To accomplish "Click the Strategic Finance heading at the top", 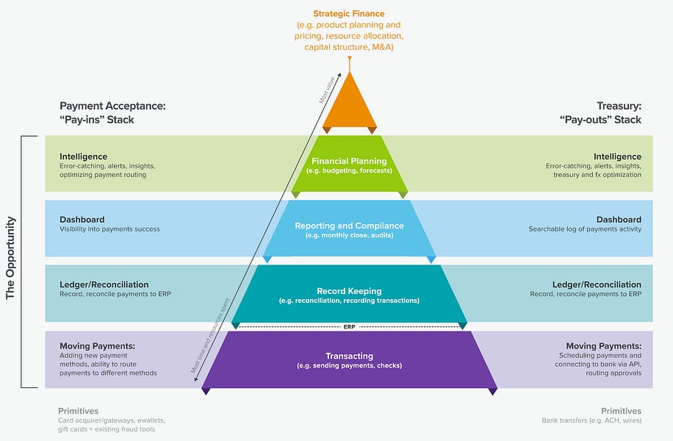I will pos(349,14).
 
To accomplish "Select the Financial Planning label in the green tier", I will pos(349,161).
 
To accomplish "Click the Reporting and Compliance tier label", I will pos(349,226).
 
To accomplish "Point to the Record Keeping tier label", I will pos(349,290).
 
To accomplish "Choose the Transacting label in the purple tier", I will pos(349,356).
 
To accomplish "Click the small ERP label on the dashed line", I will pos(350,326).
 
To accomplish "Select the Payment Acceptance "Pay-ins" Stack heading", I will pos(112,112).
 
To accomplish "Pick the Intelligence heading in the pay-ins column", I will pos(83,157).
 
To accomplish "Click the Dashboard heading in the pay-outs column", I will pos(619,220).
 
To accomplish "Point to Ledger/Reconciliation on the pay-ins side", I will pos(104,284).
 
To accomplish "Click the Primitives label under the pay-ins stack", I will pos(78,411).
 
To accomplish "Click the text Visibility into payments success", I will pos(109,229).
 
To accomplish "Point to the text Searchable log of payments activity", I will pos(585,229).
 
